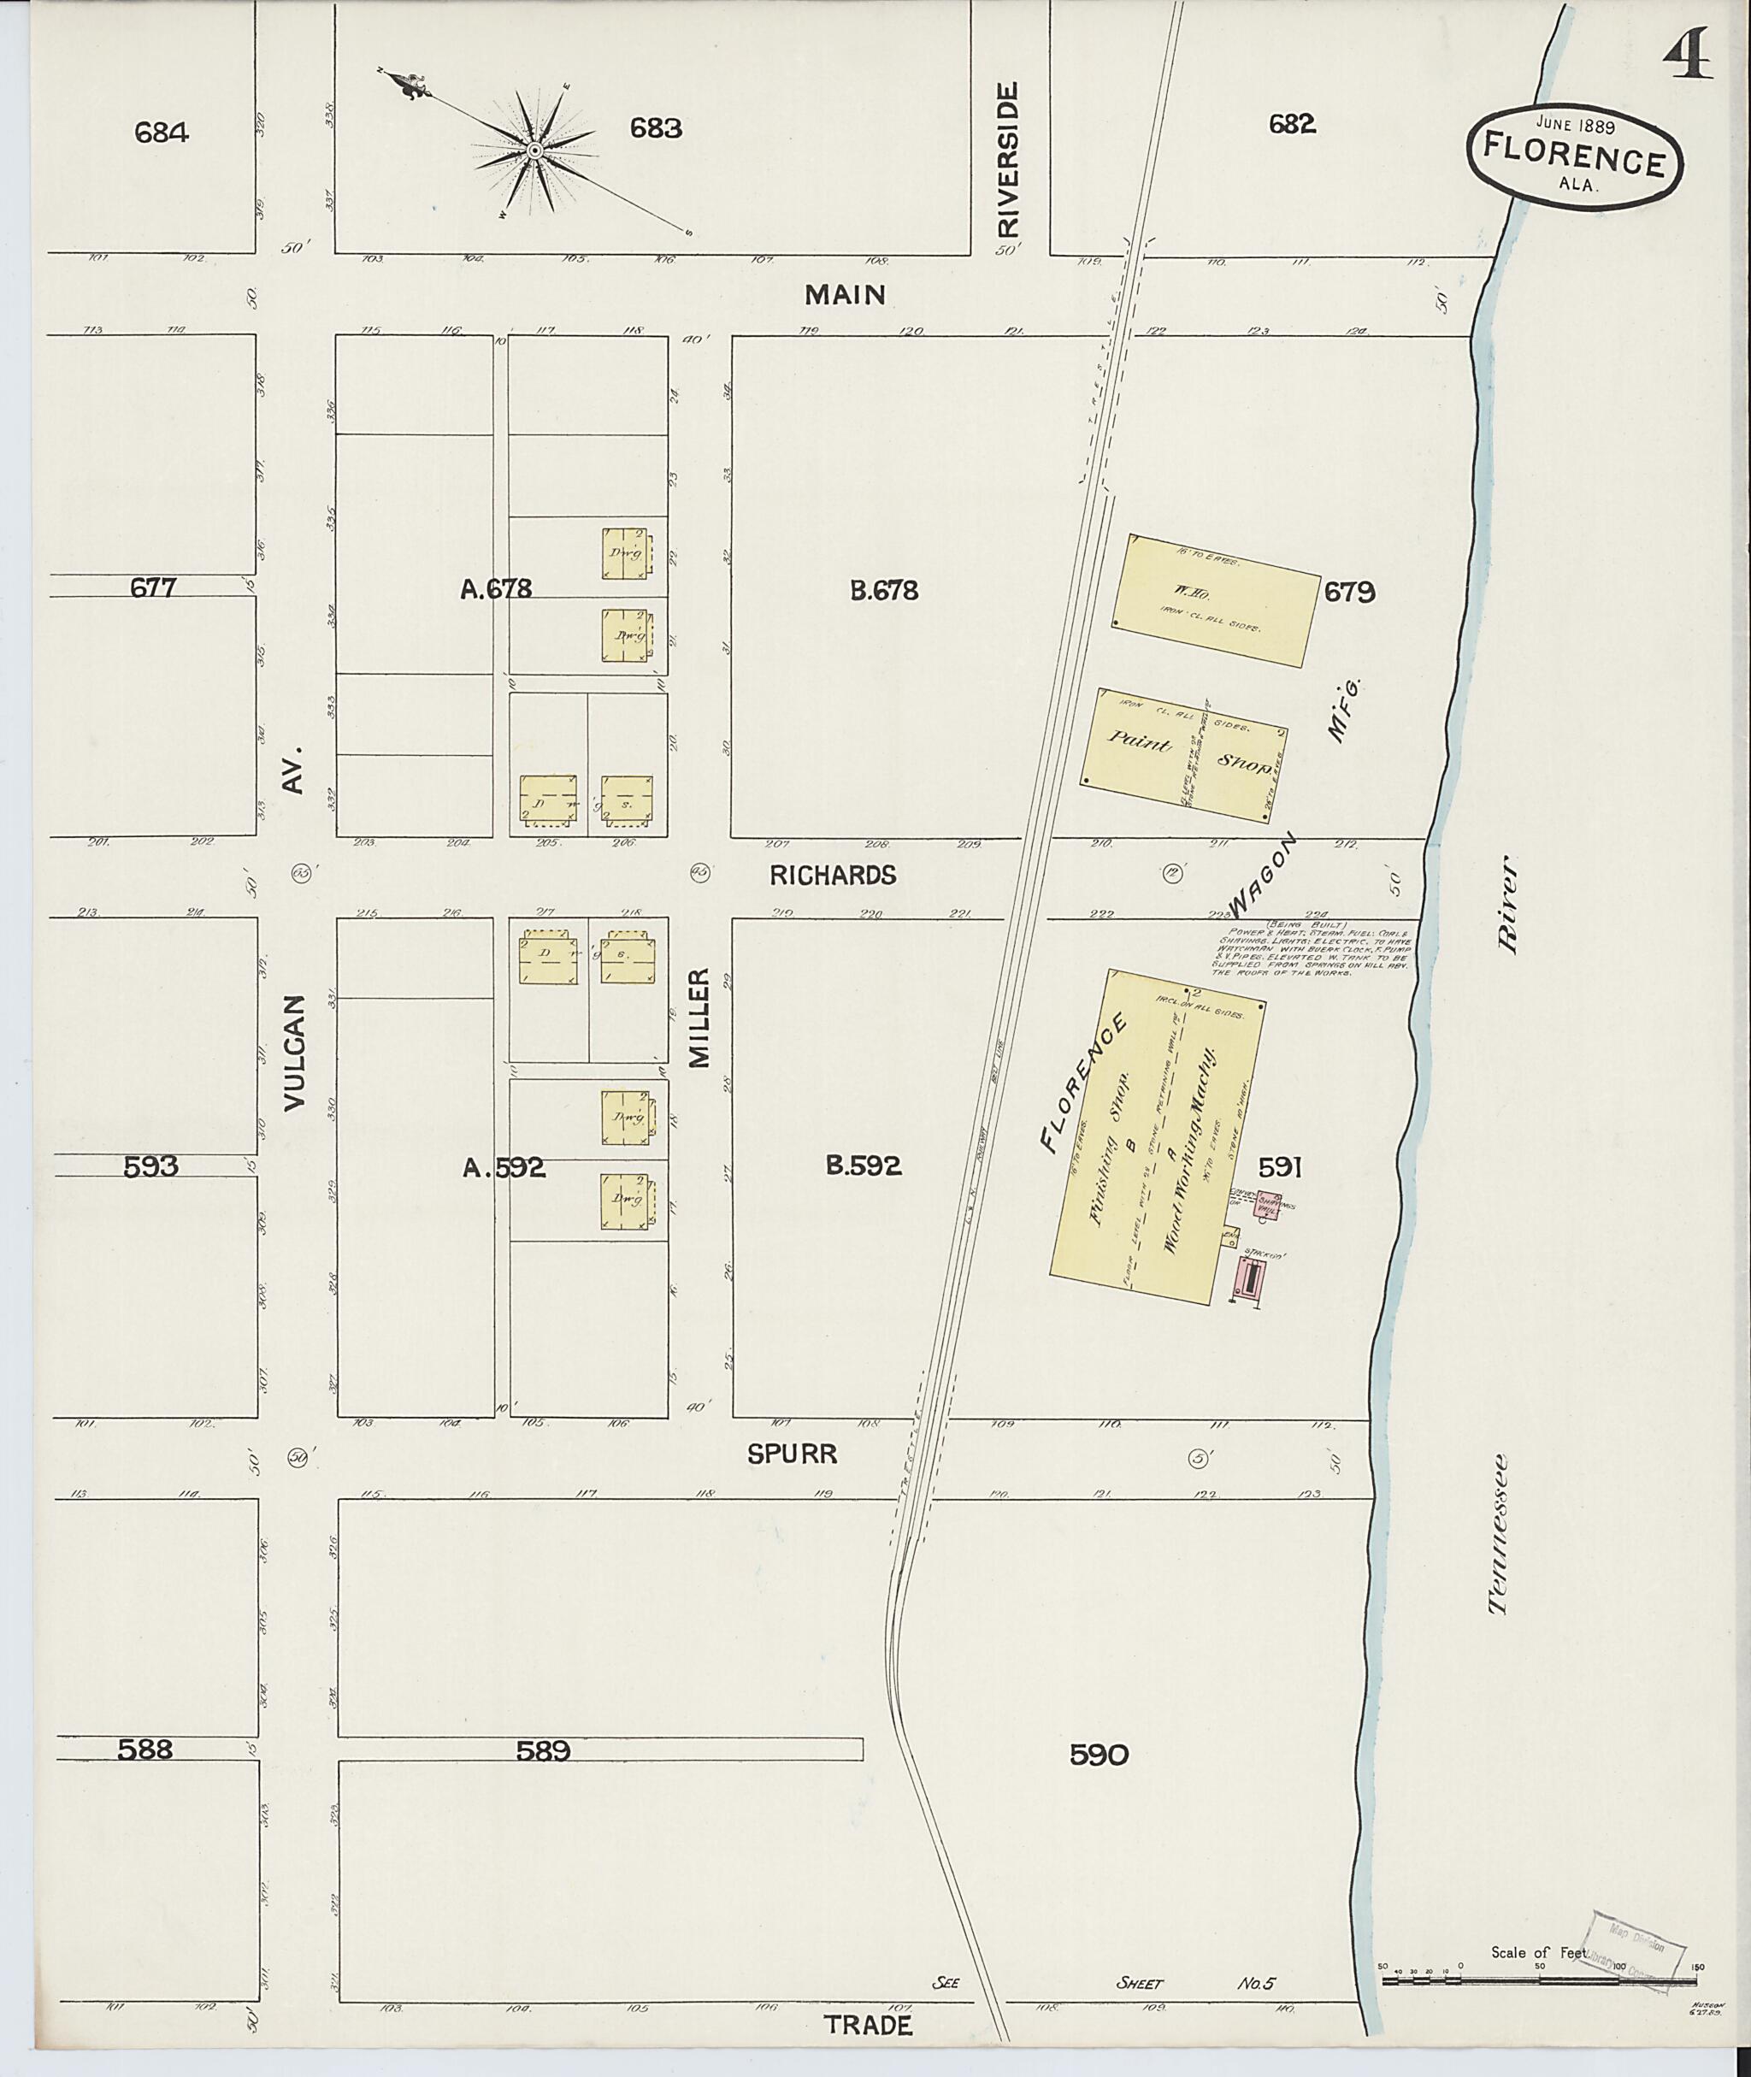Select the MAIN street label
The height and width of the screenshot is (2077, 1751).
click(x=845, y=295)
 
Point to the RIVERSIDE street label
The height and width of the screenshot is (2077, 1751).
click(x=1009, y=159)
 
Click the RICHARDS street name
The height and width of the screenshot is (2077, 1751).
click(x=833, y=875)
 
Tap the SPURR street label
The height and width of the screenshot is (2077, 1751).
click(x=792, y=1454)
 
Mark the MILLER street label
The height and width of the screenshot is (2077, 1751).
click(x=701, y=1018)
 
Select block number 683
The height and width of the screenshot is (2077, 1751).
click(x=656, y=128)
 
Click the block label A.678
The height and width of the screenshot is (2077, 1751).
click(x=496, y=589)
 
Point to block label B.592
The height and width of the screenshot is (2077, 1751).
click(x=864, y=1166)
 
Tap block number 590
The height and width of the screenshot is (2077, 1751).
click(x=1099, y=1755)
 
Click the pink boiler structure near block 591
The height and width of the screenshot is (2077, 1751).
click(x=1247, y=1280)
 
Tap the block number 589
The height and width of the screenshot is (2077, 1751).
click(x=543, y=1751)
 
